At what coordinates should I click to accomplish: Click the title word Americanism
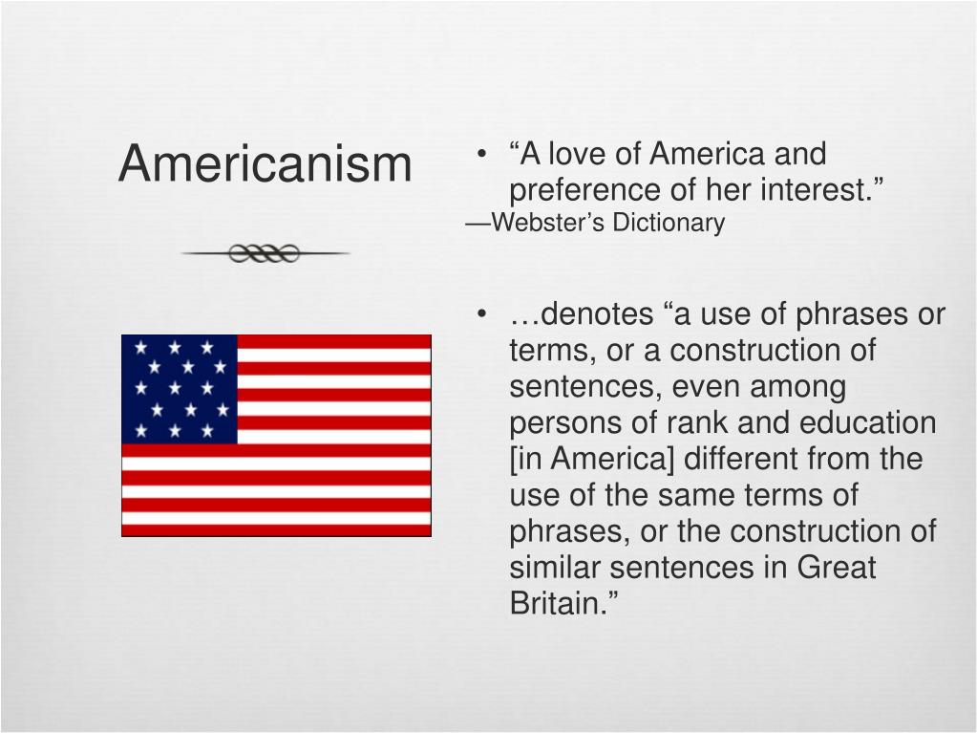pos(265,163)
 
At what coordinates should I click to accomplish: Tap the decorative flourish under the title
pos(265,253)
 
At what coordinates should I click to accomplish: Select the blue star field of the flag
pos(180,389)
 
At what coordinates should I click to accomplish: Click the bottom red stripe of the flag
pos(276,529)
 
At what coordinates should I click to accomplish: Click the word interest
pos(821,190)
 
